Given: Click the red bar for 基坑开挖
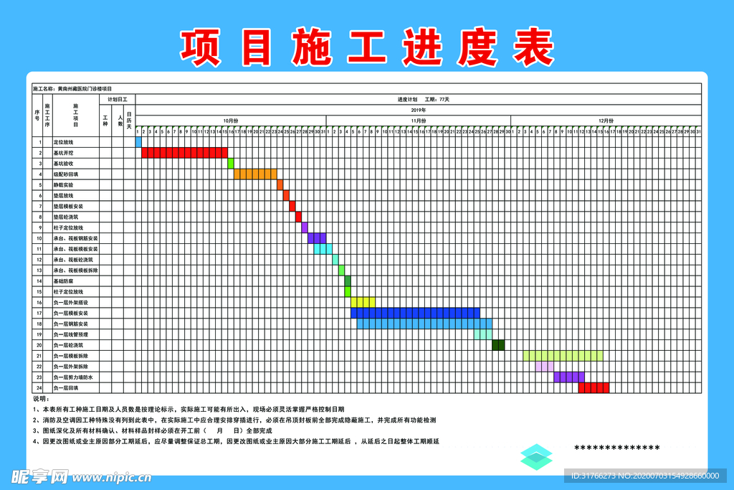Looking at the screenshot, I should click(x=184, y=153).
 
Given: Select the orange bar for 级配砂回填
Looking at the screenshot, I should click(x=255, y=174).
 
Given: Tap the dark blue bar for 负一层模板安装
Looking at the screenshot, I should click(x=415, y=313).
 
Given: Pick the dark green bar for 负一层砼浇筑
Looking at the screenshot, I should click(x=498, y=345).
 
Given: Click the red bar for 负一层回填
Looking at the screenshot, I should click(x=594, y=387).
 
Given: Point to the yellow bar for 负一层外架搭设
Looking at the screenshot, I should click(x=363, y=302).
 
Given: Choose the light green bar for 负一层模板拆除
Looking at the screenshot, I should click(x=563, y=356).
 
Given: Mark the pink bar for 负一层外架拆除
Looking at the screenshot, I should click(x=544, y=366).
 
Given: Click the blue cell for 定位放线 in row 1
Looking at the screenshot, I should click(x=138, y=142).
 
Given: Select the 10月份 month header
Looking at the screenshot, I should click(x=230, y=121).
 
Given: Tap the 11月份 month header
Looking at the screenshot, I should click(x=418, y=121).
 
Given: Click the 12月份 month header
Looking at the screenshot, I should click(x=606, y=121).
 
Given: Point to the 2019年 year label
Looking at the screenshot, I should click(x=418, y=110).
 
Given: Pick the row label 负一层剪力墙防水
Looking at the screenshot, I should click(x=72, y=377).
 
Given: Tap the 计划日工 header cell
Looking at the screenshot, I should click(x=118, y=99).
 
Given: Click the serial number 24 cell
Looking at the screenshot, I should click(x=39, y=388).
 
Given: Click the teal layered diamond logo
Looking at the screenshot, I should click(x=536, y=457).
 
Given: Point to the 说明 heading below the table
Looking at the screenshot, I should click(x=40, y=399).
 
